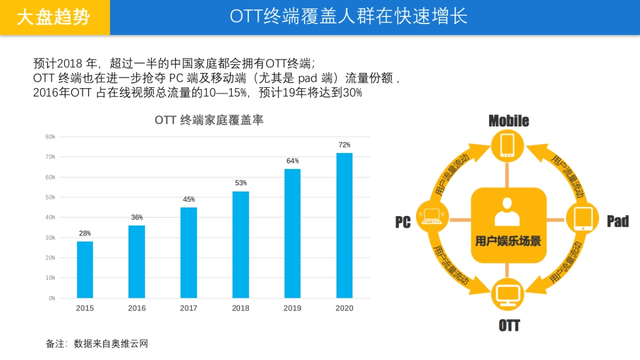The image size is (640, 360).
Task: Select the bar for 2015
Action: [x=85, y=269]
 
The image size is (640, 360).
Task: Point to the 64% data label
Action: [x=292, y=161]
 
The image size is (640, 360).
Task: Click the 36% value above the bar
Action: [x=137, y=218]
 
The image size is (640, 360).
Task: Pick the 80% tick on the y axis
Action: [x=50, y=137]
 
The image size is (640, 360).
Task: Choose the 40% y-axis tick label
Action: [x=50, y=218]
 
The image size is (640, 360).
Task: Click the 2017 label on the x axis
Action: [x=189, y=308]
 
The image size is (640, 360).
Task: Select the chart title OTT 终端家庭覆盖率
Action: [x=209, y=121]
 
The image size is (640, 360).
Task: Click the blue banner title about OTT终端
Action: [x=349, y=17]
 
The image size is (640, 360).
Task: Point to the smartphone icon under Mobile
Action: [x=508, y=146]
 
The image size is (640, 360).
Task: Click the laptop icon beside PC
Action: [x=432, y=215]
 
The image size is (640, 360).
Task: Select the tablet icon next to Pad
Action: [x=583, y=218]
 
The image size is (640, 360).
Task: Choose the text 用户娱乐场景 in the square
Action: [x=508, y=241]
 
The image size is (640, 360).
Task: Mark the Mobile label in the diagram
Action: [x=509, y=121]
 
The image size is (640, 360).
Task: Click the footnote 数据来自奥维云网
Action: [x=111, y=344]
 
